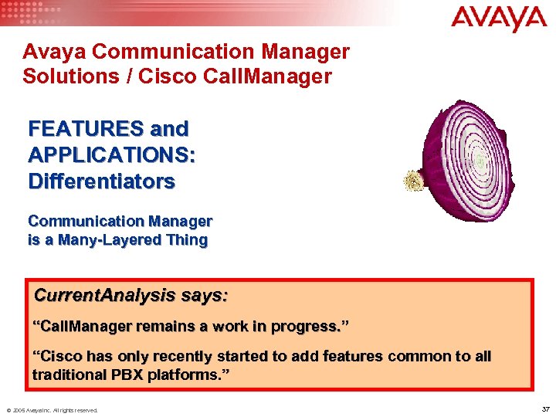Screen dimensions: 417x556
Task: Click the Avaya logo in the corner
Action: (499, 19)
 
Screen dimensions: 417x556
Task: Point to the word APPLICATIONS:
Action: (111, 154)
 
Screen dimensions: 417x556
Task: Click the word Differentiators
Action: (101, 181)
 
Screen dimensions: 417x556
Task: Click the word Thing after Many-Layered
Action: (186, 239)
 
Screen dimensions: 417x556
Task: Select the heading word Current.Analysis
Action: (106, 296)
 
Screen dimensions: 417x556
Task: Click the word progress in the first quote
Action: (306, 327)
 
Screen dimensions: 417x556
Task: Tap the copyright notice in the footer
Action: (52, 410)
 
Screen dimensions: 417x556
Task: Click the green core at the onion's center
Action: (479, 162)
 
